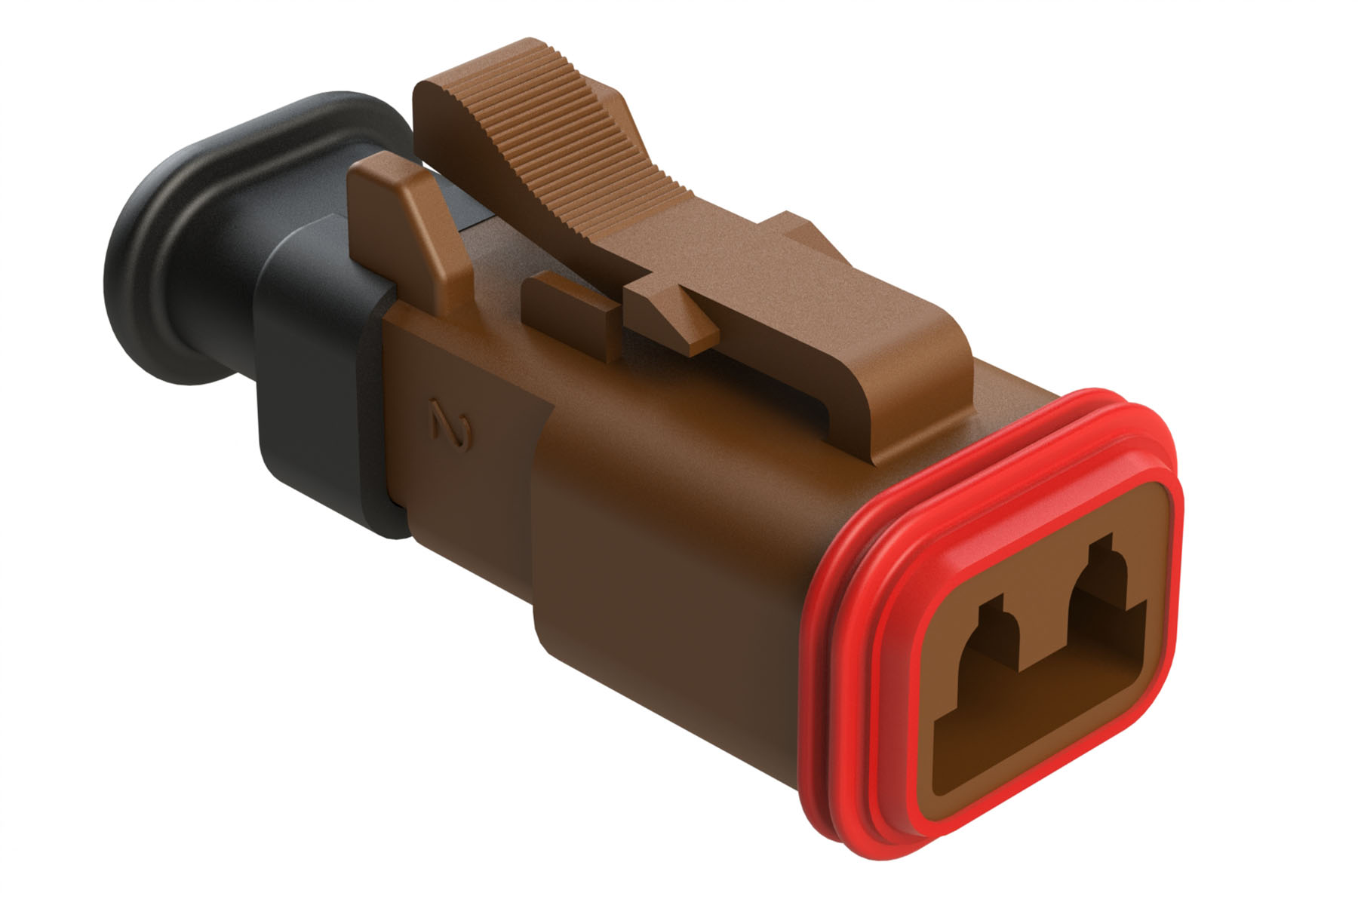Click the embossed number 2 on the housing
452,427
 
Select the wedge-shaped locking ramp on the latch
671,313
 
